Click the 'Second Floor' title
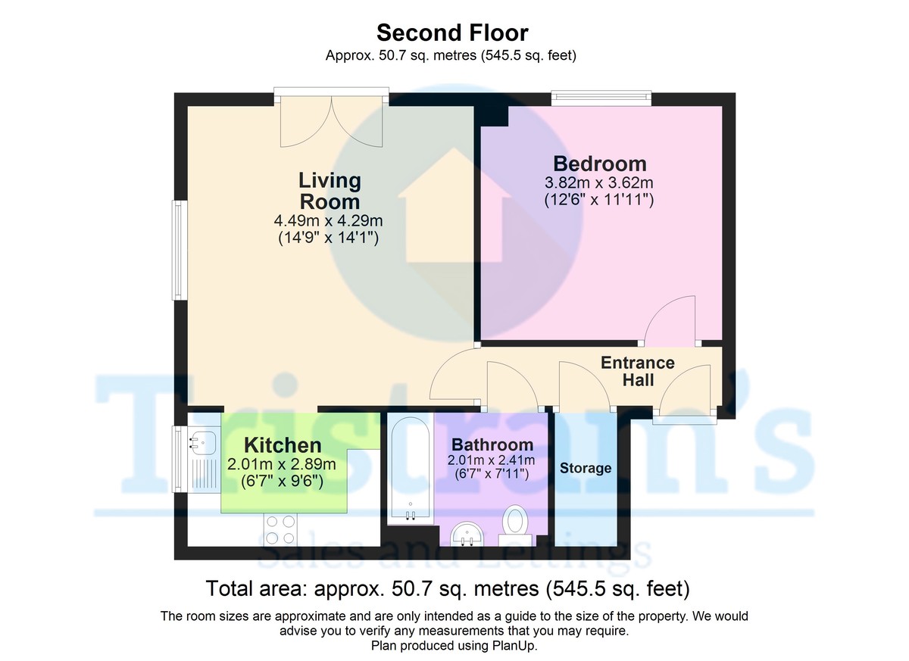pyautogui.click(x=452, y=33)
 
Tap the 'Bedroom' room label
pyautogui.click(x=599, y=164)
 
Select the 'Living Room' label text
pyautogui.click(x=330, y=191)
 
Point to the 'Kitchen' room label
pyautogui.click(x=282, y=446)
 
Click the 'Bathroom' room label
pyautogui.click(x=492, y=444)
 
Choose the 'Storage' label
pyautogui.click(x=586, y=468)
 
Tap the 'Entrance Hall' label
pyautogui.click(x=638, y=372)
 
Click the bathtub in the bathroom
pyautogui.click(x=410, y=469)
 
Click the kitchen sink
pyautogui.click(x=204, y=441)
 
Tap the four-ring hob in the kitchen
pyautogui.click(x=280, y=529)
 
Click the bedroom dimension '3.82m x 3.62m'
pyautogui.click(x=599, y=183)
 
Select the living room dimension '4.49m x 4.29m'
pyautogui.click(x=328, y=221)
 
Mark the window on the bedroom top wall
pyautogui.click(x=601, y=97)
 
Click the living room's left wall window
pyautogui.click(x=177, y=249)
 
